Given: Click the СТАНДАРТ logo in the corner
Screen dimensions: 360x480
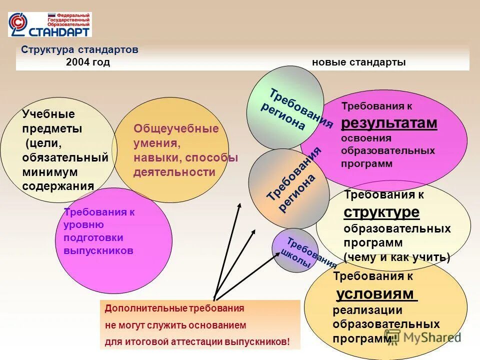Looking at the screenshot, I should pos(49,25).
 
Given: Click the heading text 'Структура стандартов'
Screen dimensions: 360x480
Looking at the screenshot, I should pos(79,50).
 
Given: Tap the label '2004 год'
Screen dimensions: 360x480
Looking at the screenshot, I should pos(87,62).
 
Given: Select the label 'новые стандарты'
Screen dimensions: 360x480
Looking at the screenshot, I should pos(358,62).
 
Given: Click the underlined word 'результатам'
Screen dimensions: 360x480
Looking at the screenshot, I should pos(389,123).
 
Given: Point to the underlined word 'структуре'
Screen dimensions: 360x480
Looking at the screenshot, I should pos(381,212).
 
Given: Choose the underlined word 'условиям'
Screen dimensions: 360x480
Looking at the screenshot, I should pos(376,293).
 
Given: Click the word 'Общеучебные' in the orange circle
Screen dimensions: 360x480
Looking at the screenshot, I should pos(176,128).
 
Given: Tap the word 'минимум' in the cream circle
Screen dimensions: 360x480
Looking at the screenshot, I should pos(49,172).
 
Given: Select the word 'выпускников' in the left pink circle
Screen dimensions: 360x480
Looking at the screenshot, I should pos(98,250).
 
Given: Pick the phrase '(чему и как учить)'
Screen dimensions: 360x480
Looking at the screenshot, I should pos(397,257).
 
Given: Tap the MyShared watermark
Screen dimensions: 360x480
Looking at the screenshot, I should pos(422,337).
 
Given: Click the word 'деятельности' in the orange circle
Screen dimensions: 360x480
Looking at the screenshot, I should pos(174,172).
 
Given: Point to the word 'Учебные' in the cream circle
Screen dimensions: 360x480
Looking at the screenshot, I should pos(48,114).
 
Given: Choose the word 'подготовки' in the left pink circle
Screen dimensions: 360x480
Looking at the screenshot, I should pos(93,237).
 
